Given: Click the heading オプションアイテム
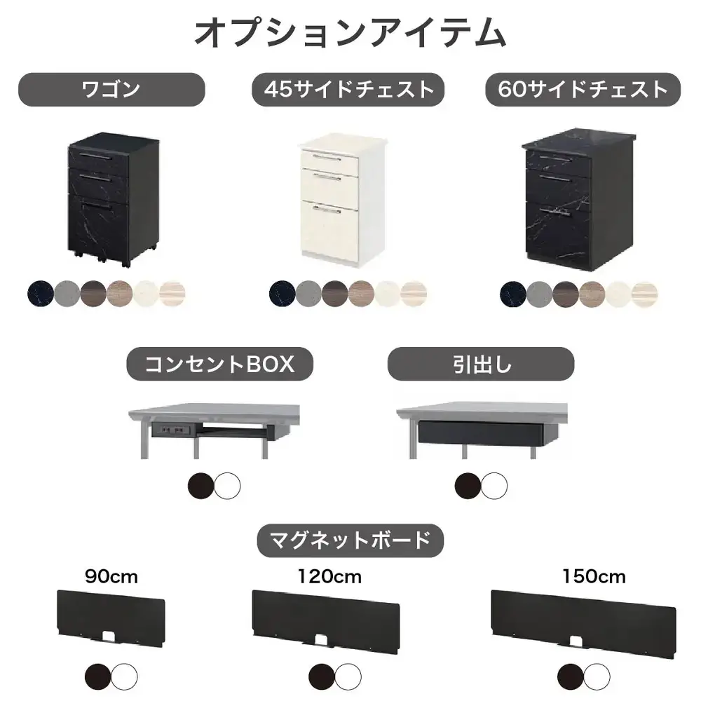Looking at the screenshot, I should (349, 33).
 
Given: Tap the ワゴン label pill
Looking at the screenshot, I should (111, 89).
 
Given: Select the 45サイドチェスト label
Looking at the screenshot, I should (348, 89).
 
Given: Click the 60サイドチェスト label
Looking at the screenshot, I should (583, 89).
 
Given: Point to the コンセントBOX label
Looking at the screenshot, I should (219, 365).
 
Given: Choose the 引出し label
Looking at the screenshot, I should (481, 365).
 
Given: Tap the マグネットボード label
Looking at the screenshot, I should (350, 540).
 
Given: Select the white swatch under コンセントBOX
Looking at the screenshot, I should (228, 485).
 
